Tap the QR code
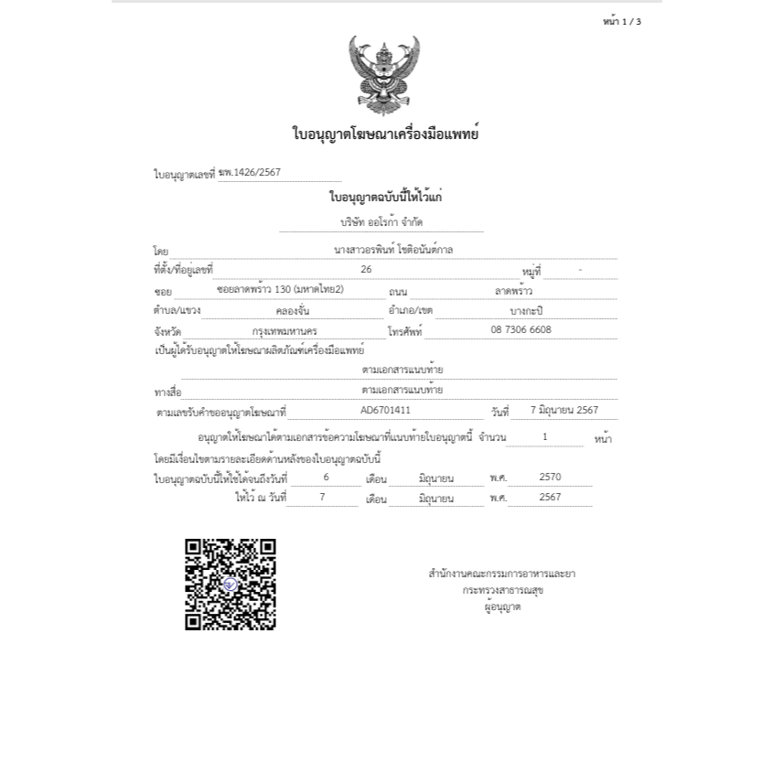click(x=231, y=585)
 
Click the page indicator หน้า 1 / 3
click(x=622, y=22)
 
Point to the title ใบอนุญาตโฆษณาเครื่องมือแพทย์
click(x=386, y=134)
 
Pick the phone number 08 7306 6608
click(x=521, y=329)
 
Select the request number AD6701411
click(x=385, y=410)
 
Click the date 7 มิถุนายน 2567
click(x=564, y=410)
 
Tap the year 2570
click(x=550, y=477)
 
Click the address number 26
click(x=367, y=269)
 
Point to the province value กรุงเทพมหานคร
click(x=285, y=330)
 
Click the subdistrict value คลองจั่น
click(x=292, y=310)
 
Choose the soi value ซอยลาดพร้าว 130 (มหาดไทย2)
click(x=280, y=289)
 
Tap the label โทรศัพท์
click(x=405, y=332)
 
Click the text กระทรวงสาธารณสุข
click(x=503, y=590)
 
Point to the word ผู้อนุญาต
click(x=503, y=607)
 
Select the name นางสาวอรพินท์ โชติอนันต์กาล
click(x=393, y=248)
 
